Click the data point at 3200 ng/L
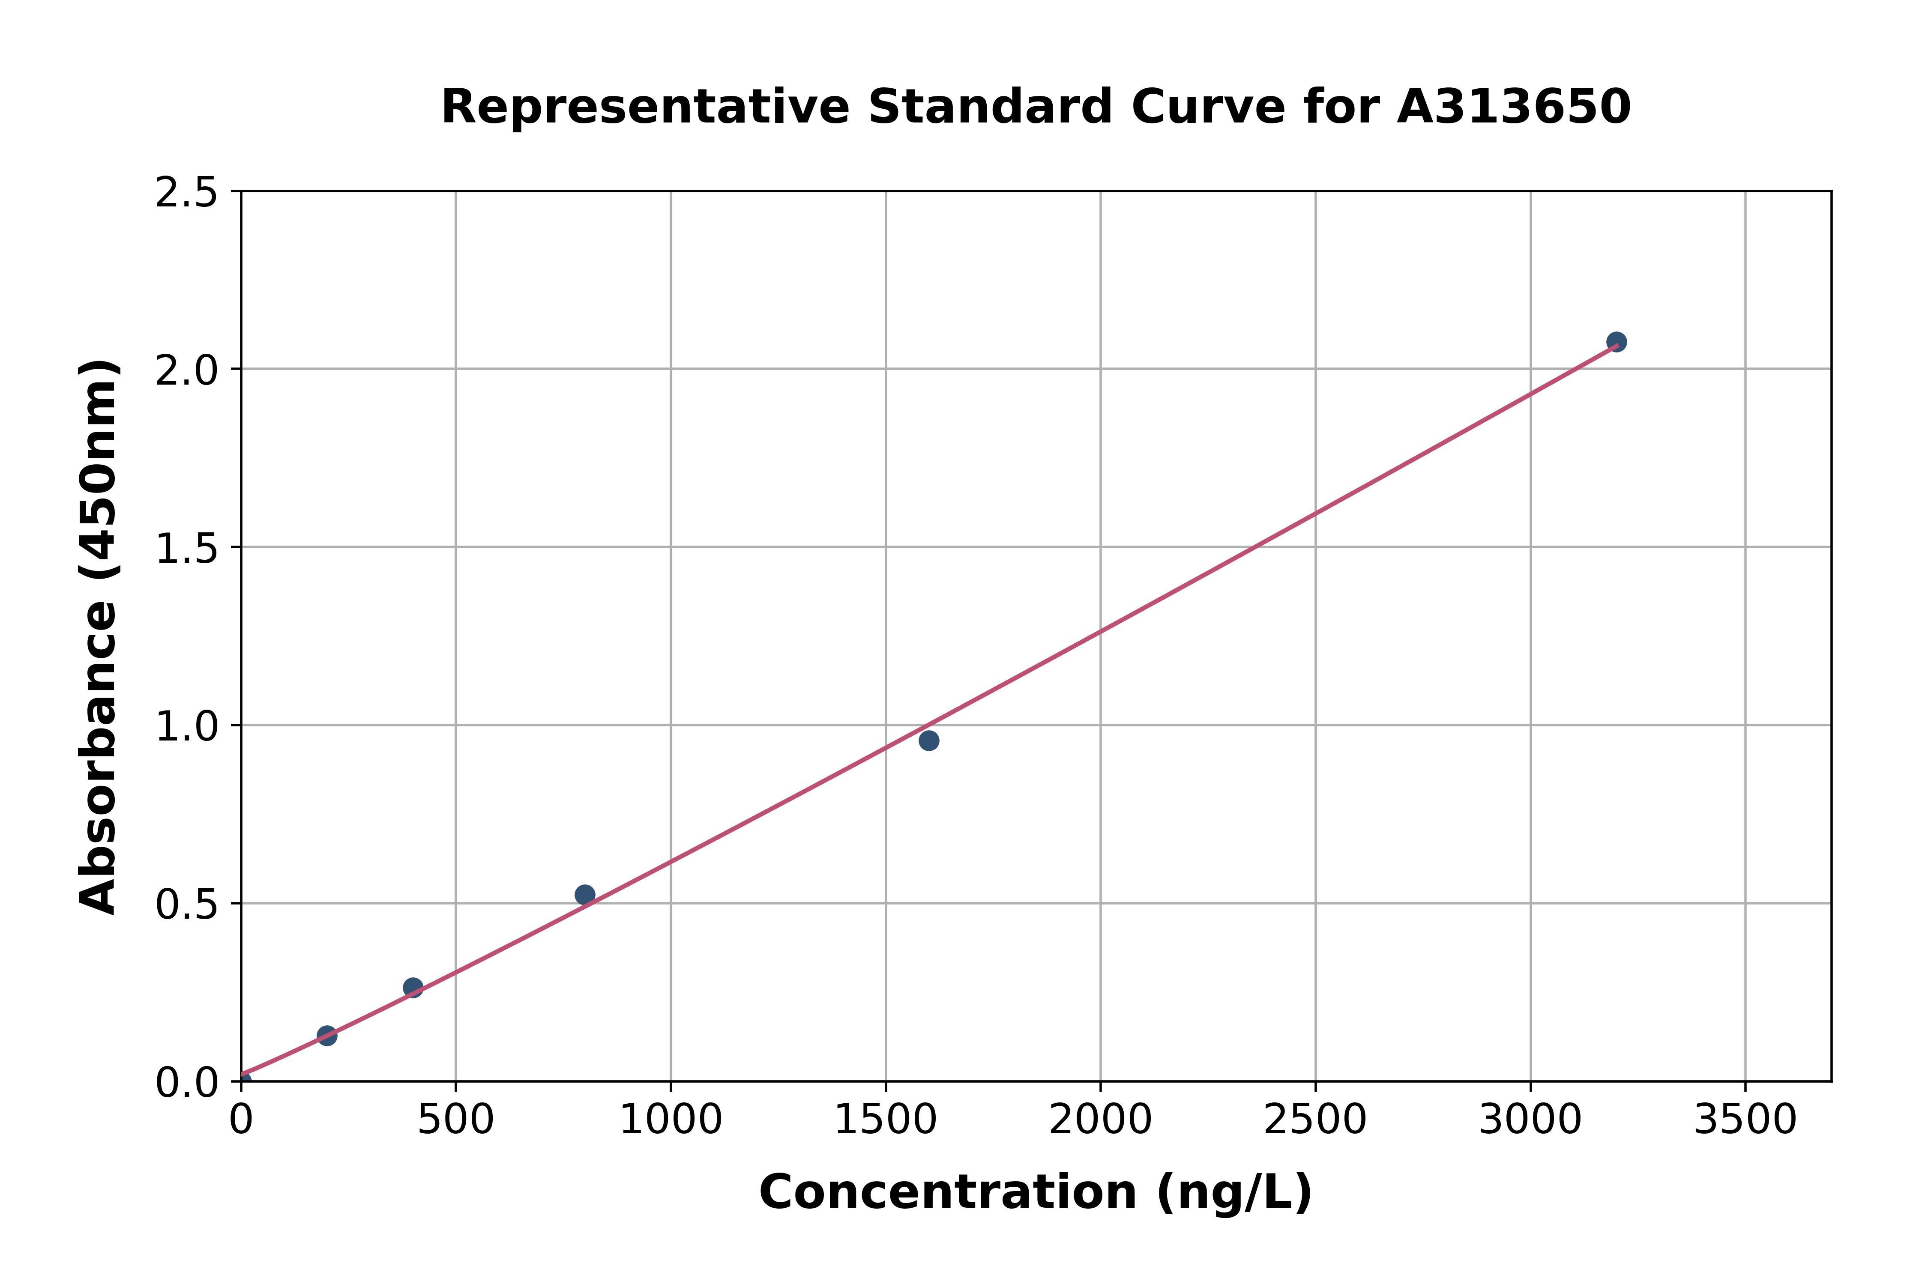tap(1616, 341)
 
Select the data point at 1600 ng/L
tap(928, 740)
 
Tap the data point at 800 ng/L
tap(584, 895)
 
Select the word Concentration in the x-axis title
tap(948, 1192)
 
